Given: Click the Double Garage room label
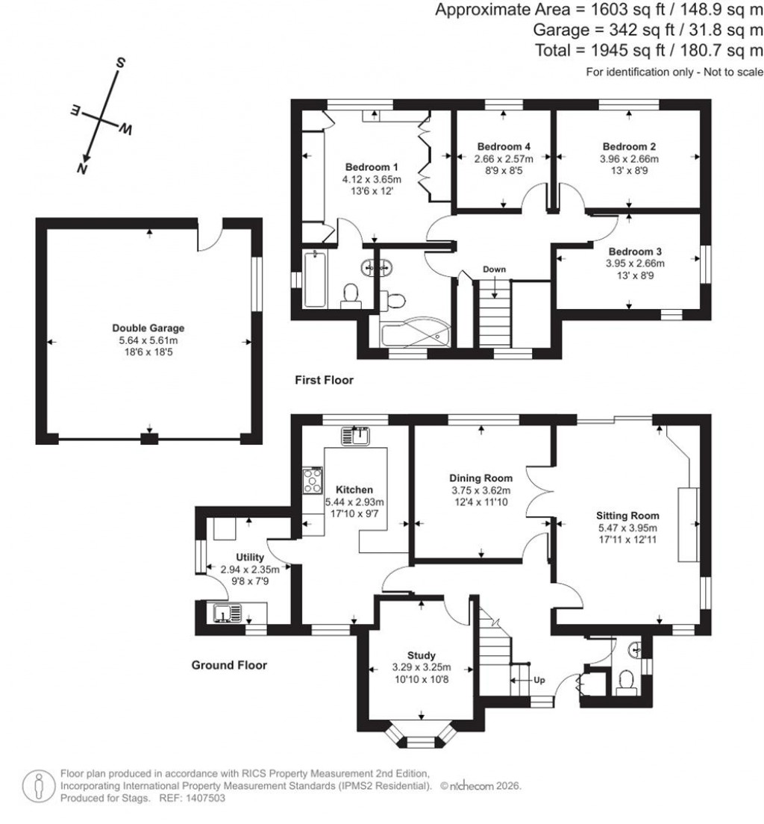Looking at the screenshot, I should tap(148, 328).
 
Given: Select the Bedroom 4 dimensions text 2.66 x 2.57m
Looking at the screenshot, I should tap(504, 159).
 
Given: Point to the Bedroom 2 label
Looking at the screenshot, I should tap(629, 146).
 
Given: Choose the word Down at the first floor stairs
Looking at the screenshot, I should tap(494, 269).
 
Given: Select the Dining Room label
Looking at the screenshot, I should tap(480, 478).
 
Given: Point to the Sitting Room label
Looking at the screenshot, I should tap(627, 515).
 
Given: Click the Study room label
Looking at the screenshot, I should tap(421, 655).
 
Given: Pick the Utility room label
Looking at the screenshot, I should tap(249, 557).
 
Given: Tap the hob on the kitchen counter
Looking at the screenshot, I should tap(312, 481).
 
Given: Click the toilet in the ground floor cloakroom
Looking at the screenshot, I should tap(626, 681).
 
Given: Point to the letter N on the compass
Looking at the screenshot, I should tap(81, 169).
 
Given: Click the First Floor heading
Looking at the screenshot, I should tap(324, 381).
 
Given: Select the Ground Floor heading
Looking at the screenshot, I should tap(229, 665).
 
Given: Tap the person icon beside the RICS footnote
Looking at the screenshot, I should tap(38, 785).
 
